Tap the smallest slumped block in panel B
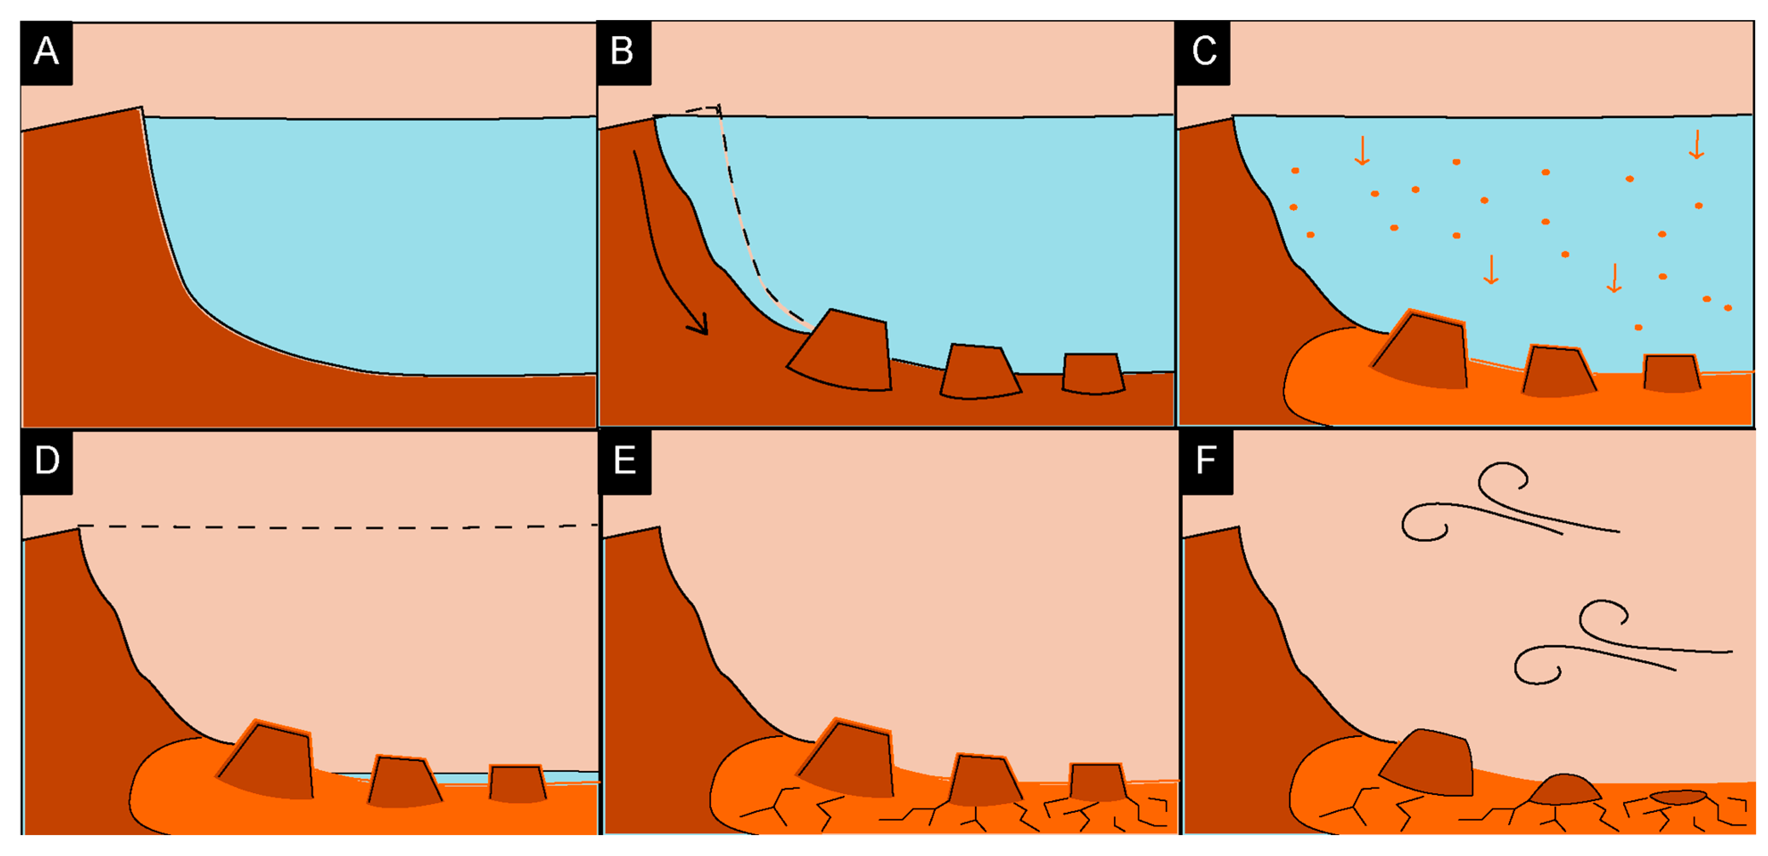coord(1093,373)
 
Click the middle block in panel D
coord(403,782)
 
